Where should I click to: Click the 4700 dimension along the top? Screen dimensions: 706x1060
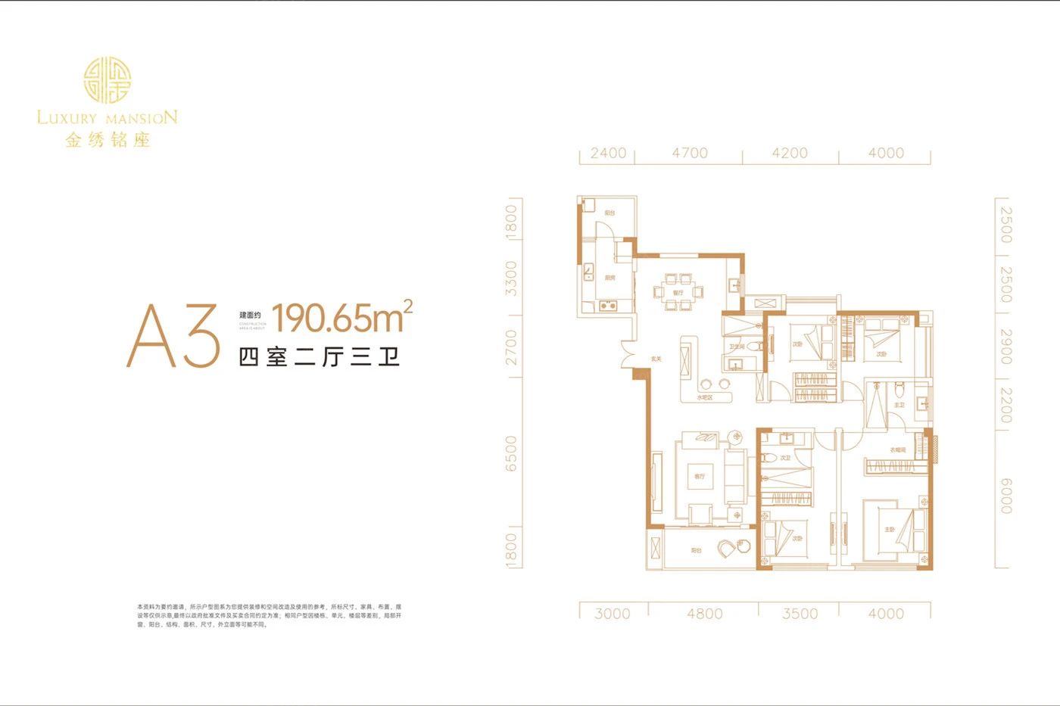(689, 153)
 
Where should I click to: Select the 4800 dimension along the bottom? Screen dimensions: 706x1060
(704, 614)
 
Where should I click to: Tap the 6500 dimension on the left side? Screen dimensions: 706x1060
(512, 453)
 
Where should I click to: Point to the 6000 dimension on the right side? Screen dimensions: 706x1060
(1005, 496)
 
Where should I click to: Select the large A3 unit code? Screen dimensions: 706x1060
(173, 337)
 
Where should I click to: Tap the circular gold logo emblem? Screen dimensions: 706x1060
(107, 80)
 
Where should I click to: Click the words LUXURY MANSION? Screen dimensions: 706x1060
(107, 117)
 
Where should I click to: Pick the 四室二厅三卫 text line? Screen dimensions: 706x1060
(320, 356)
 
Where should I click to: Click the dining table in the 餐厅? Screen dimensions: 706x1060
(678, 292)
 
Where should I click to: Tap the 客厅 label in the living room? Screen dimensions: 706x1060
(699, 477)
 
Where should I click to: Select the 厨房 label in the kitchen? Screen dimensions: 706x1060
(609, 278)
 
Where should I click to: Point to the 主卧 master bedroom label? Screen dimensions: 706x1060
(890, 530)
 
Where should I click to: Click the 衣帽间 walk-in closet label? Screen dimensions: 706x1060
(897, 450)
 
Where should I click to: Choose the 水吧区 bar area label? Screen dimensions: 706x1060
(705, 397)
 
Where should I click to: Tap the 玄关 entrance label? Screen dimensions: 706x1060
(656, 359)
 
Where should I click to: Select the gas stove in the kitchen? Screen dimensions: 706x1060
(607, 306)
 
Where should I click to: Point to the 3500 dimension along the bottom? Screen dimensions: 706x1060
(800, 614)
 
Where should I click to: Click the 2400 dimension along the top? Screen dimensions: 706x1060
(608, 153)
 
